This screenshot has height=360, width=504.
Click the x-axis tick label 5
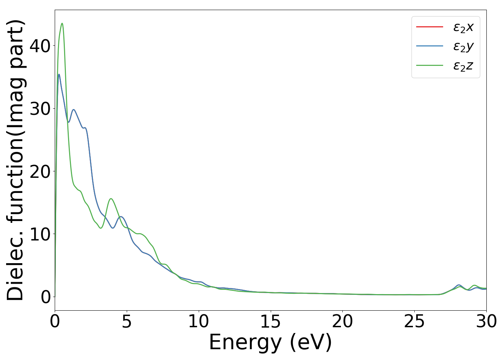tap(127, 321)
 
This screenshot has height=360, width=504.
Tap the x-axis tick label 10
tap(198, 321)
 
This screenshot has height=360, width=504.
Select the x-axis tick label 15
tap(270, 321)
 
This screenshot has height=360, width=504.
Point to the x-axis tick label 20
tap(342, 321)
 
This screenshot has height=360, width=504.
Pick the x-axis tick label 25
tap(414, 321)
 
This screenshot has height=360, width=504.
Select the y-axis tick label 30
tap(40, 109)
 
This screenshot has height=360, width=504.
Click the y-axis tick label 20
tap(40, 171)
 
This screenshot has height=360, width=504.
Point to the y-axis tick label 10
tap(40, 234)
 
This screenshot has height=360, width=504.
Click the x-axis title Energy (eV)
tap(270, 342)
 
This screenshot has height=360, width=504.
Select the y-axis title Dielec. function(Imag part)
tap(16, 160)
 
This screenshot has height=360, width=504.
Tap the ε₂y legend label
tap(463, 46)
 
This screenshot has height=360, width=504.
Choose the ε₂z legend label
tap(463, 66)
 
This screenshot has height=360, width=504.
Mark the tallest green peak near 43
tap(62, 23)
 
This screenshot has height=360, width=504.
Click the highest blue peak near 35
tap(59, 75)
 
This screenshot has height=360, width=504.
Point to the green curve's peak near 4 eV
tap(111, 199)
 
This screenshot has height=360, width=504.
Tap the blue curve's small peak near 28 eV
tap(459, 285)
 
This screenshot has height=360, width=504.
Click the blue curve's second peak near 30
tap(73, 109)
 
